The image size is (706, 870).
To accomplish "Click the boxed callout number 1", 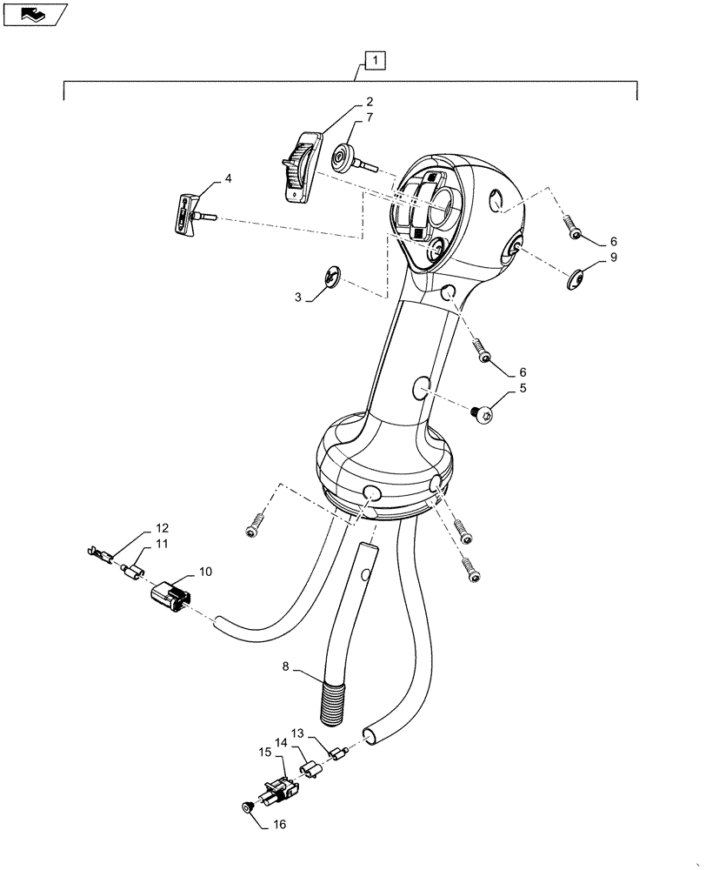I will point(373,61).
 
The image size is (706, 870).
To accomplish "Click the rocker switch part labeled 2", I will point(300,168).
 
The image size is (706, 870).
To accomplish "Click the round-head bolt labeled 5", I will point(484,415).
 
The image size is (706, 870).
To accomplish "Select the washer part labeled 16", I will point(248,809).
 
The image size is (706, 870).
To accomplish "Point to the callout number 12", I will point(163,528).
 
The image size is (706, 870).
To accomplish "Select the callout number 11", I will point(163,545).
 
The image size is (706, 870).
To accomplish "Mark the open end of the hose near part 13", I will point(369,735).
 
